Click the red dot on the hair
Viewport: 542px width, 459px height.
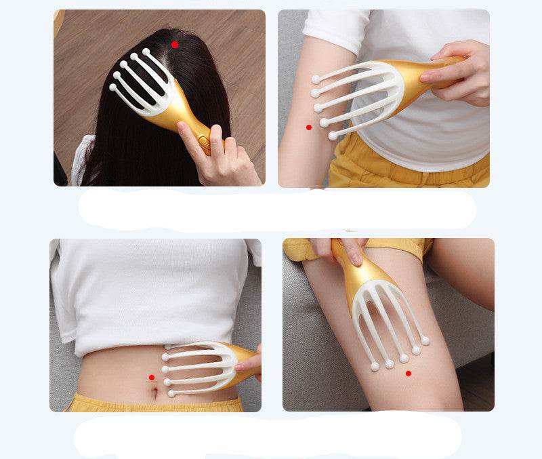click(x=175, y=44)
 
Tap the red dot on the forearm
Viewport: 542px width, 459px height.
click(x=309, y=127)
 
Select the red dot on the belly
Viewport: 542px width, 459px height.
click(x=151, y=378)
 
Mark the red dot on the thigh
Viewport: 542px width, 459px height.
click(x=408, y=373)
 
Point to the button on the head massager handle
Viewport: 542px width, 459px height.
click(x=202, y=140)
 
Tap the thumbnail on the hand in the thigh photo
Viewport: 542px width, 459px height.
click(x=356, y=258)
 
